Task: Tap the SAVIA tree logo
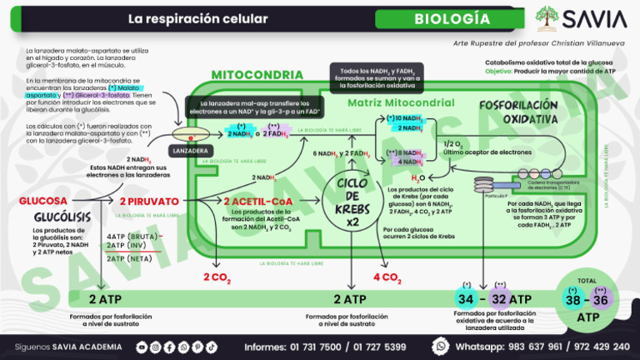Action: [x=547, y=18]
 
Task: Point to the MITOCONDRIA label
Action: [x=245, y=75]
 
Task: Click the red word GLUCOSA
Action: [x=43, y=202]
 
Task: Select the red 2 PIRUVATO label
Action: [x=149, y=202]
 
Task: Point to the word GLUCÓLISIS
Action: [x=45, y=217]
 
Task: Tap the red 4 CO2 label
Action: [x=387, y=277]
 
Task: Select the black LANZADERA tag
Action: [x=187, y=151]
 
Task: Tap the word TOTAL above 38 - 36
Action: [x=587, y=281]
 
